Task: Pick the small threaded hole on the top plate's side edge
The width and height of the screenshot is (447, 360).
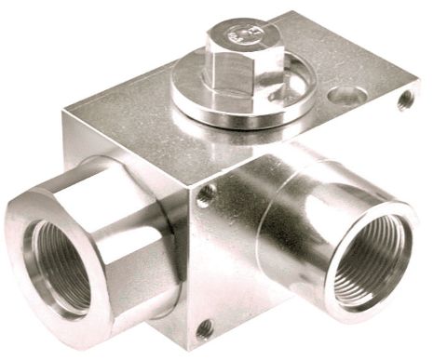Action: point(406,100)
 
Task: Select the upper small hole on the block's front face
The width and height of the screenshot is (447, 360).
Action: point(206,194)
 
